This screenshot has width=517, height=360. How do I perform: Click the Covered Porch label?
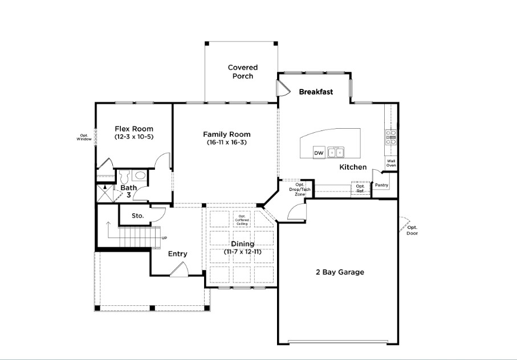pos(243,72)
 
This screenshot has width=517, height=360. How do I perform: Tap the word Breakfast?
pos(316,92)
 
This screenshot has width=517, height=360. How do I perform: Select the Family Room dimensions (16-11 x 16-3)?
pos(227,142)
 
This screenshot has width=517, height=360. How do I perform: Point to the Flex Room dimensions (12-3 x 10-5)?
pos(134,137)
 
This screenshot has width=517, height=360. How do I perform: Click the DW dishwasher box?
pos(319,153)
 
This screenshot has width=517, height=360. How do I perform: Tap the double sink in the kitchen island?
pos(336,152)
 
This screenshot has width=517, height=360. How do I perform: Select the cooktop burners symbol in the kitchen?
pos(391,137)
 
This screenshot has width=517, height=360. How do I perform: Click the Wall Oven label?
pos(391,163)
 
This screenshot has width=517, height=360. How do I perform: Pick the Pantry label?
pos(381,185)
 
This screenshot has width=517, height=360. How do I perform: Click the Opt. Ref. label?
pos(360,189)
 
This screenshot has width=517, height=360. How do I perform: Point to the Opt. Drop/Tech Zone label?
pos(300,190)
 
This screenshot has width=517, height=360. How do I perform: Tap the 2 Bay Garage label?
pos(340,272)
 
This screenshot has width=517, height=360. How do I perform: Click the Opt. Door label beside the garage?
pos(412,230)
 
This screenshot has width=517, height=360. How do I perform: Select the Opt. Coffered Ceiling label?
pos(242,220)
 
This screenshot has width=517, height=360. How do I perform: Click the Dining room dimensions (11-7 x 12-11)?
pos(243,252)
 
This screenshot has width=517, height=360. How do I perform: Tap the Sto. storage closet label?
pos(138,216)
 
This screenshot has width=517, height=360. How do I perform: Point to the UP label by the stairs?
pos(164,238)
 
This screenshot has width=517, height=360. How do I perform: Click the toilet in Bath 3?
pos(124,177)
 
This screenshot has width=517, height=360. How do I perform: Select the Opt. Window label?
pos(84,137)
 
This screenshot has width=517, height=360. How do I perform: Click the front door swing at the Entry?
pos(180,269)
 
